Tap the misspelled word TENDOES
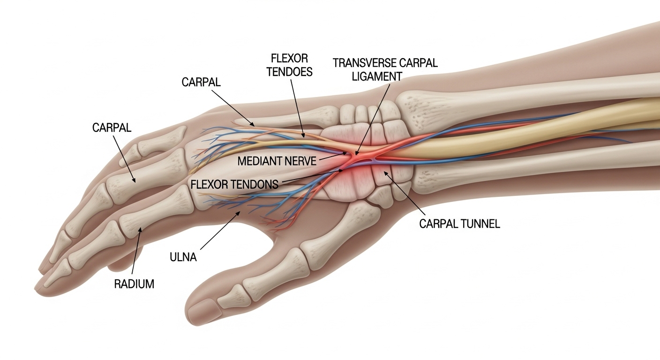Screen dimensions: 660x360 point(289,73)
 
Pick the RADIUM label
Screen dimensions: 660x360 point(134,284)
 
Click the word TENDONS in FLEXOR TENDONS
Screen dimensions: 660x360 point(254,184)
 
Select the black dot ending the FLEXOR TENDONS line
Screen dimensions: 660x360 point(340,172)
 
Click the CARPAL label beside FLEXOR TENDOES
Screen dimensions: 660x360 point(201,82)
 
